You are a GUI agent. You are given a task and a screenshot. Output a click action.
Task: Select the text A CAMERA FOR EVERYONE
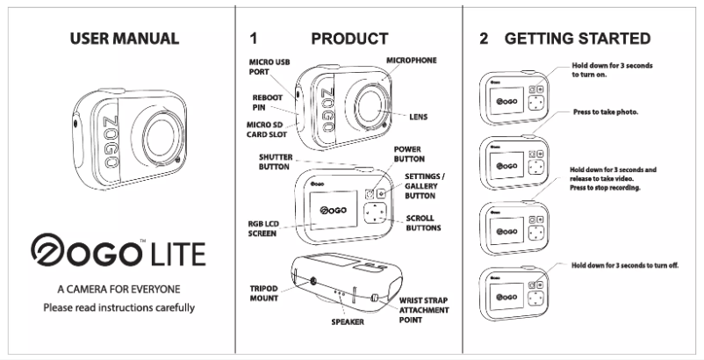click(119, 289)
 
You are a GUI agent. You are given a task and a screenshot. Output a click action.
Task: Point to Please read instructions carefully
click(119, 307)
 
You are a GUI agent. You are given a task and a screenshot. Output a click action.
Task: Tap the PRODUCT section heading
click(348, 39)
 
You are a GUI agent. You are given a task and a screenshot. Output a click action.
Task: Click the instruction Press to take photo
click(605, 113)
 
